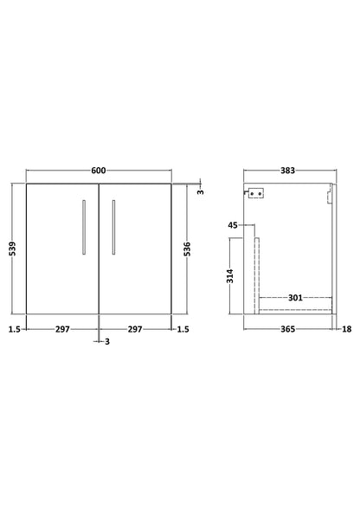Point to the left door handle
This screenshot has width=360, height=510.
point(83,227)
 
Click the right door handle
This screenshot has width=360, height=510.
point(112,227)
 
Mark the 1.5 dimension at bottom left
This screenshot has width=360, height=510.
point(15,328)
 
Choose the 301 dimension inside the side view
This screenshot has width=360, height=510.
point(295,298)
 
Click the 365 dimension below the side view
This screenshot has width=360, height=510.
point(286,328)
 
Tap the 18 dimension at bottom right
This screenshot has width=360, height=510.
point(346,328)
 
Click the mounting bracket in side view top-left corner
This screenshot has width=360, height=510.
point(255,195)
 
